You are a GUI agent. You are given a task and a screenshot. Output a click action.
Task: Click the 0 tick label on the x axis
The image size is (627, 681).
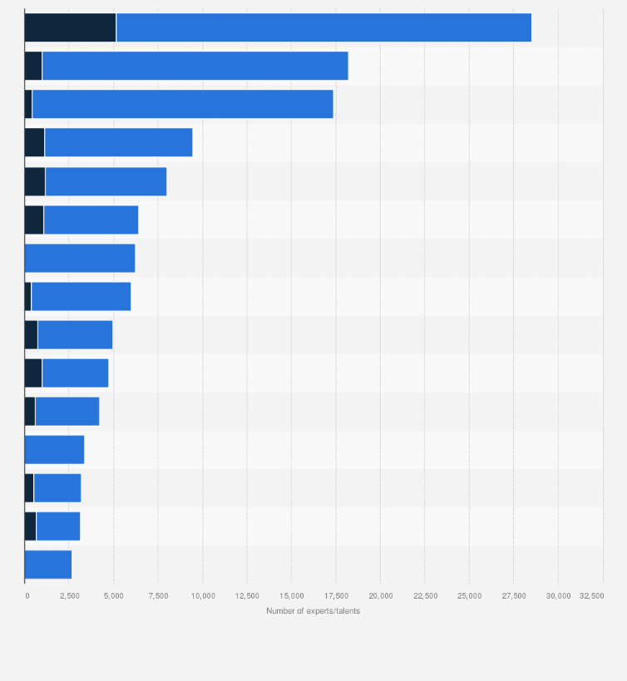pyautogui.click(x=27, y=596)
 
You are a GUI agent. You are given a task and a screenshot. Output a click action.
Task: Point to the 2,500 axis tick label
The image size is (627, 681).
pyautogui.click(x=69, y=596)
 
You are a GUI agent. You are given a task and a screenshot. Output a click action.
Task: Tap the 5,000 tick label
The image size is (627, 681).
pyautogui.click(x=114, y=596)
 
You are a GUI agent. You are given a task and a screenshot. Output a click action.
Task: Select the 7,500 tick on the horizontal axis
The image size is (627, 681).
pyautogui.click(x=158, y=596)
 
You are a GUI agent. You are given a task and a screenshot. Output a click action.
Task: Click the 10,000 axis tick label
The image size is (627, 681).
pyautogui.click(x=203, y=596)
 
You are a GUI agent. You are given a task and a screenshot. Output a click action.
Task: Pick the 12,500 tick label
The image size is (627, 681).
pyautogui.click(x=247, y=596)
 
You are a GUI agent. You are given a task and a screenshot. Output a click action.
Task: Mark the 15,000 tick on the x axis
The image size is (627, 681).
pyautogui.click(x=292, y=596)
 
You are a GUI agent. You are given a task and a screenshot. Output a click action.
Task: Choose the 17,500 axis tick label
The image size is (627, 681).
pyautogui.click(x=336, y=596)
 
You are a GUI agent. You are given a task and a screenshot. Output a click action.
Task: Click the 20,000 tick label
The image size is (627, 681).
pyautogui.click(x=381, y=596)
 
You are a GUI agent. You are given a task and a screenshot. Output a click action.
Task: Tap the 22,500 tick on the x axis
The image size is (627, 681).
pyautogui.click(x=425, y=596)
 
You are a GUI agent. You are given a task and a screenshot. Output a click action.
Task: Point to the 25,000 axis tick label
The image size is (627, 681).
pyautogui.click(x=470, y=596)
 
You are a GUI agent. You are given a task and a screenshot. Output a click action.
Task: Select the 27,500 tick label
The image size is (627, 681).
pyautogui.click(x=514, y=596)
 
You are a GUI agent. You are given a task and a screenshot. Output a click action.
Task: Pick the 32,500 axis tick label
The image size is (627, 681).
pyautogui.click(x=592, y=596)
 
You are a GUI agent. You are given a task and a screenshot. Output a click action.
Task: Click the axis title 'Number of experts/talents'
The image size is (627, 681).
pyautogui.click(x=313, y=611)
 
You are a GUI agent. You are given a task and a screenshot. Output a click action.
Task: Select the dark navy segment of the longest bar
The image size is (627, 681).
pyautogui.click(x=70, y=27)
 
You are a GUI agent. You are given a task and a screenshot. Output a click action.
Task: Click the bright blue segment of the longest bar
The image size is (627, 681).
pyautogui.click(x=323, y=27)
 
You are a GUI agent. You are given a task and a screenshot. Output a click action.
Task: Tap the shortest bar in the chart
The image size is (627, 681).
pyautogui.click(x=48, y=565)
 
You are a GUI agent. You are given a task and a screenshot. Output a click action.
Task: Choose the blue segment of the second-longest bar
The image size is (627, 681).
pyautogui.click(x=195, y=66)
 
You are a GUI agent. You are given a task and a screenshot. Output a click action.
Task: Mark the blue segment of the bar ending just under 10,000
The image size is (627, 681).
pyautogui.click(x=118, y=143)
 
